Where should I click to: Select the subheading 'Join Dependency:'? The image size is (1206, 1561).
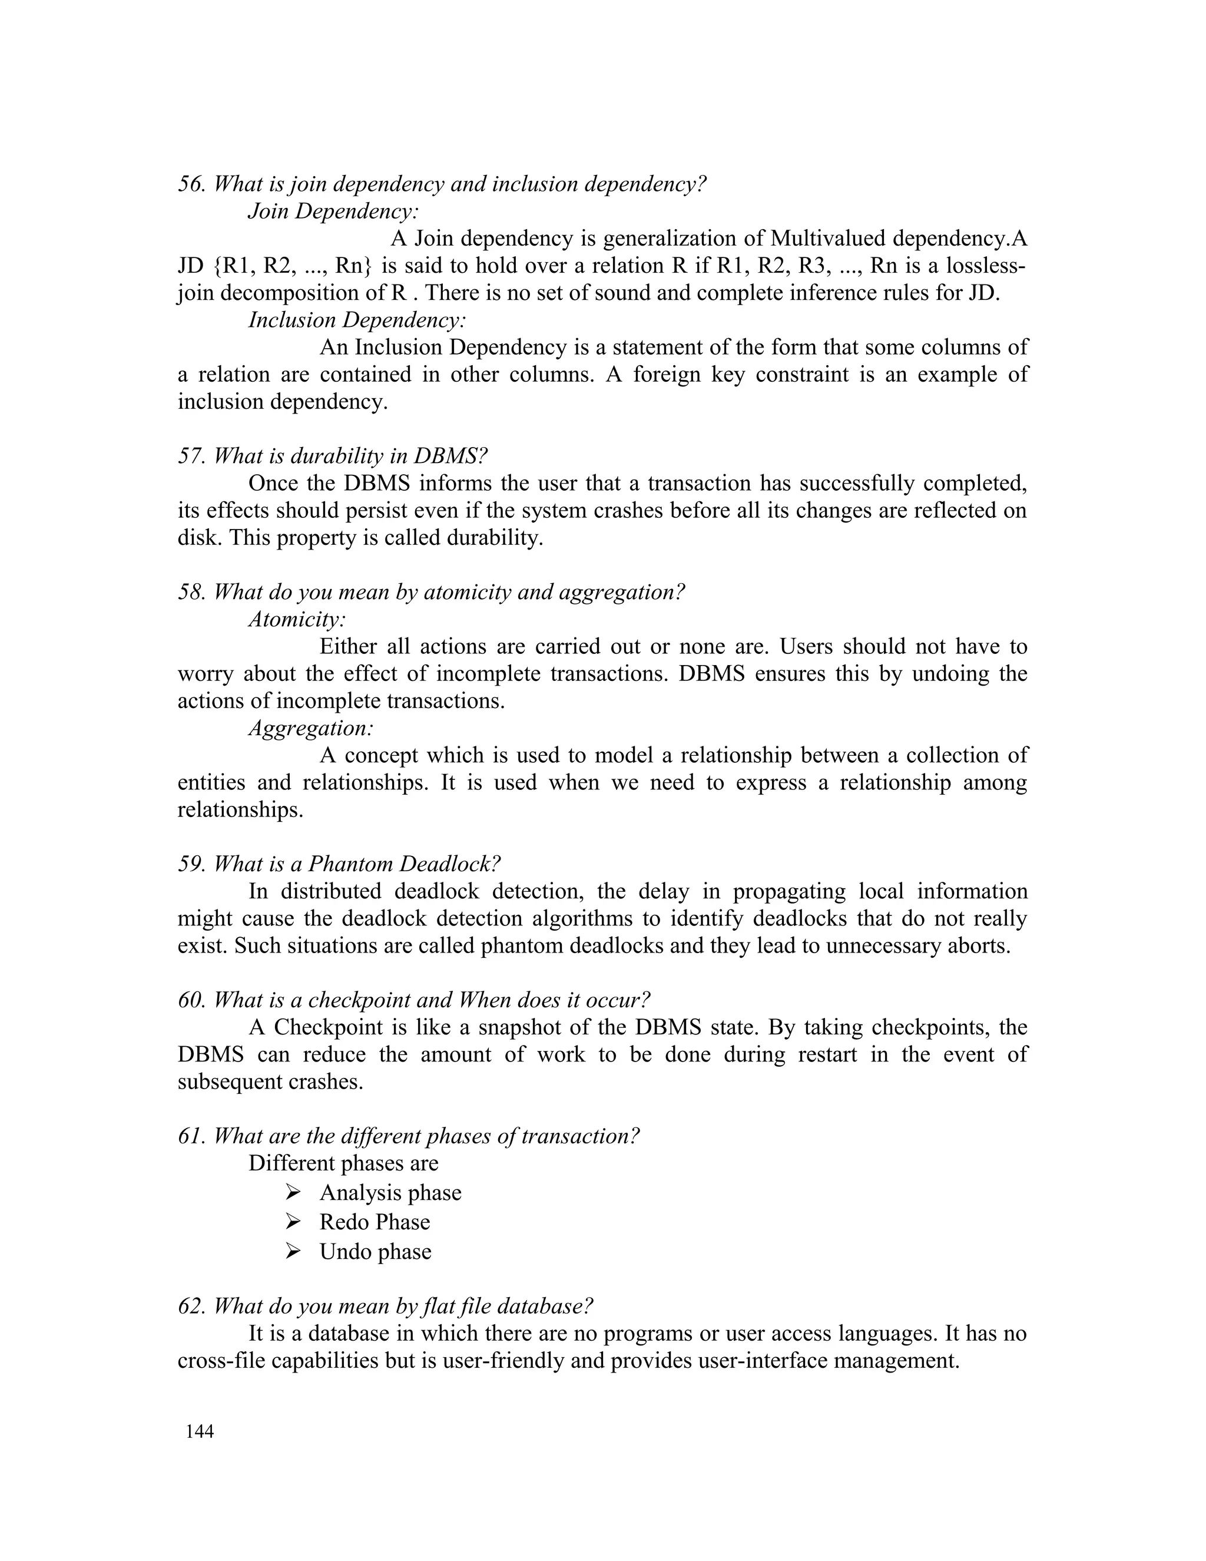(x=333, y=211)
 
